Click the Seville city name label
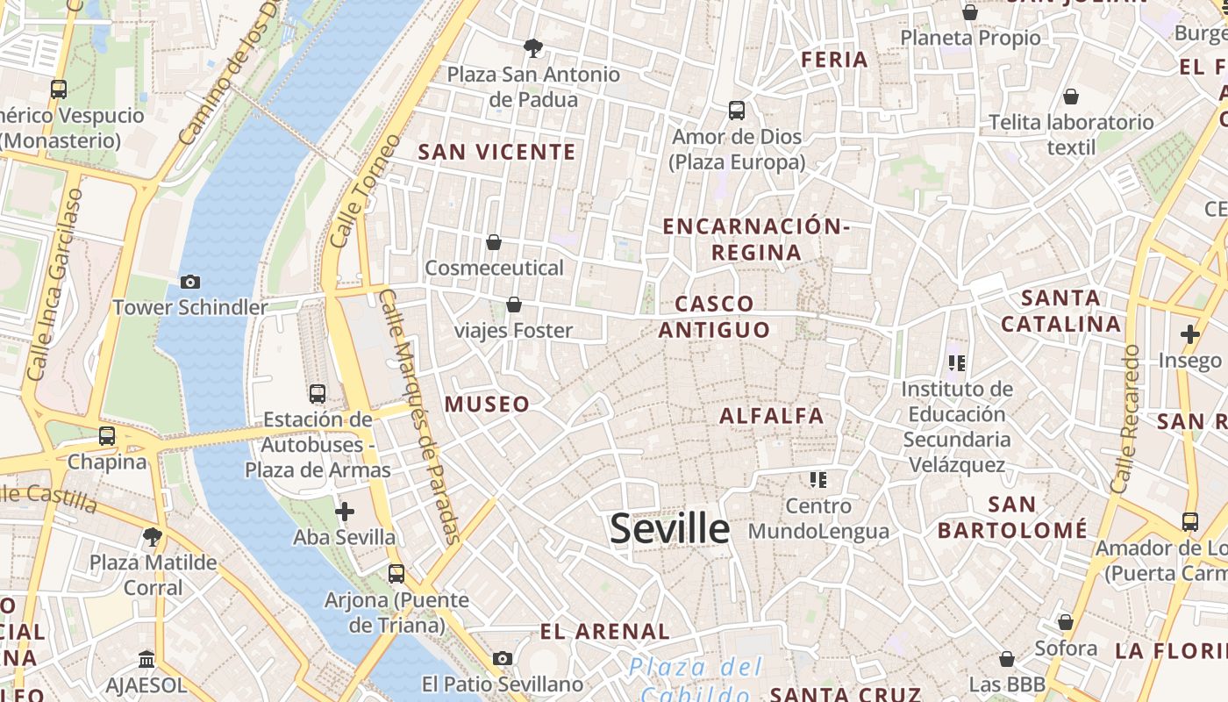pos(669,528)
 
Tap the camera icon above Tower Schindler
pos(189,282)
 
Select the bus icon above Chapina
pos(107,435)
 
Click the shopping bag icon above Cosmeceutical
pos(494,242)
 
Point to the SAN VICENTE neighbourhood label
pos(496,152)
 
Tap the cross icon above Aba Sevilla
pos(345,511)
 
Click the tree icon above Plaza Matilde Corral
pos(153,536)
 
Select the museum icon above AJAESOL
pos(146,659)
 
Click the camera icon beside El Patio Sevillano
pos(503,658)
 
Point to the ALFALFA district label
pos(772,416)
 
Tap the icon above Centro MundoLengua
pos(818,480)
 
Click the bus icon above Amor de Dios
pos(737,111)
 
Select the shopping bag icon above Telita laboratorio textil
pos(1071,97)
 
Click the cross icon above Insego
pos(1189,334)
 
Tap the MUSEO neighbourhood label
pos(487,404)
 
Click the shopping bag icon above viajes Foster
pos(514,304)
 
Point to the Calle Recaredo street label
pos(1124,419)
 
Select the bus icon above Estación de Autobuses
pos(318,394)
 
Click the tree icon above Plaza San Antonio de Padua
pos(532,47)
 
